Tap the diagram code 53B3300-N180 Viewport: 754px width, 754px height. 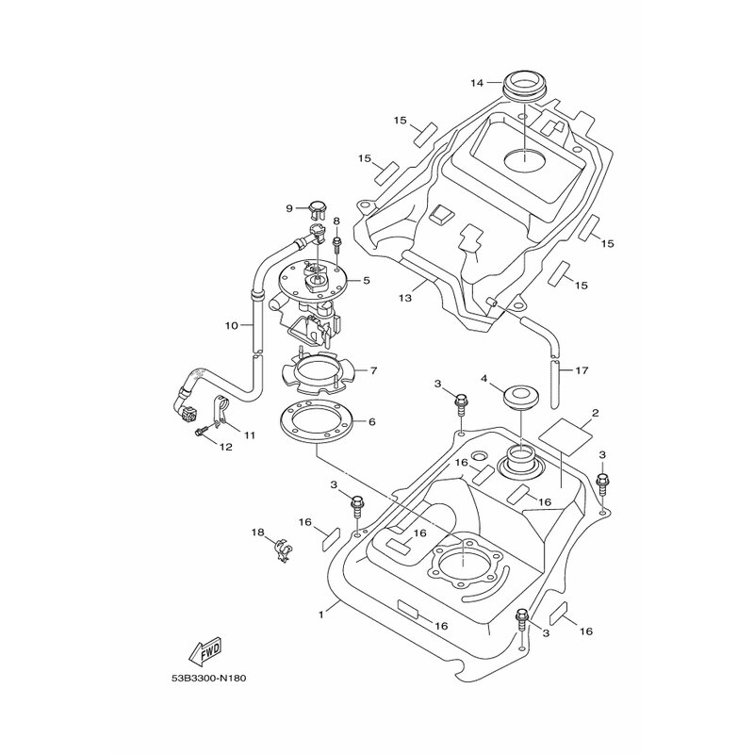pyautogui.click(x=208, y=679)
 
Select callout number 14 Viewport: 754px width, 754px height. pyautogui.click(x=477, y=83)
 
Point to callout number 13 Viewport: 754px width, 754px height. pyautogui.click(x=405, y=298)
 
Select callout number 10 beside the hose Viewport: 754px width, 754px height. pyautogui.click(x=231, y=325)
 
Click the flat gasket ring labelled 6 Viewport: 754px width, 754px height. pyautogui.click(x=317, y=421)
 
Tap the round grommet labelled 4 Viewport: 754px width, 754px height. pyautogui.click(x=521, y=400)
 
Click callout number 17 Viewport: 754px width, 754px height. pyautogui.click(x=582, y=370)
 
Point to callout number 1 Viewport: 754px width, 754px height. pyautogui.click(x=320, y=615)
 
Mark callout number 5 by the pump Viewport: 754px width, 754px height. pyautogui.click(x=367, y=279)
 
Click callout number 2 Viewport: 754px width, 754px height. pyautogui.click(x=595, y=413)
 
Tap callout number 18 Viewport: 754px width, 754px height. pyautogui.click(x=257, y=533)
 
